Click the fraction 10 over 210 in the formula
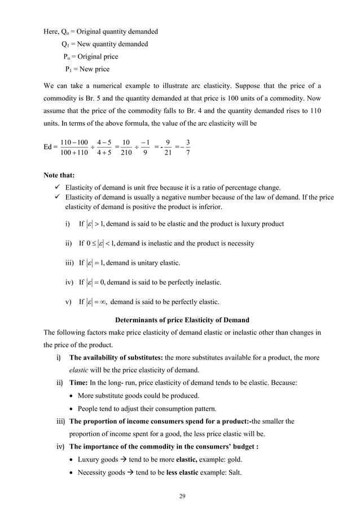point(128,147)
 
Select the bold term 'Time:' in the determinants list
point(78,383)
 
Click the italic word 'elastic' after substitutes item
point(80,370)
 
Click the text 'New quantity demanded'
point(113,44)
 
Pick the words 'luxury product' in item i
point(260,224)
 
